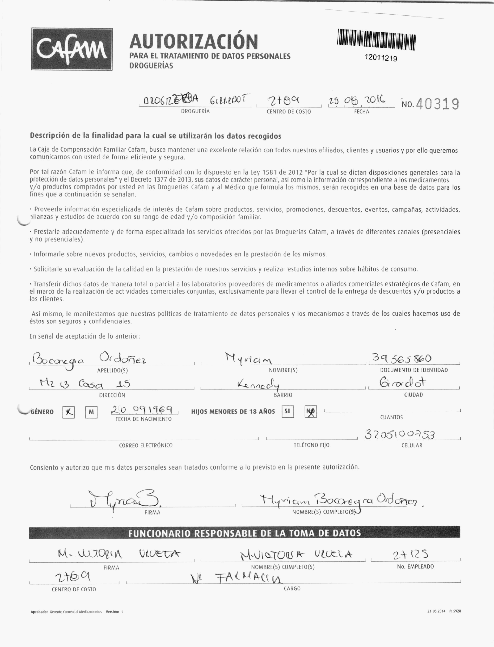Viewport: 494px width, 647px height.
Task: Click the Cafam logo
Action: tap(72, 49)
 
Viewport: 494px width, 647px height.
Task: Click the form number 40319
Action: tap(438, 104)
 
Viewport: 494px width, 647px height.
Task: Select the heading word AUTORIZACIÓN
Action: tap(194, 42)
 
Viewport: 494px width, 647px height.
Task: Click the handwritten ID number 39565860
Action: tap(402, 359)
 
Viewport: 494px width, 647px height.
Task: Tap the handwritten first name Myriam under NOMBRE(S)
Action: tap(249, 359)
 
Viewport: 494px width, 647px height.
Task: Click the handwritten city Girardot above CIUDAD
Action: tap(403, 383)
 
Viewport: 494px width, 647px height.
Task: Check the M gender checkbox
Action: tap(91, 412)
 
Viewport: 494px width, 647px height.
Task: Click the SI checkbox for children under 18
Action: tap(287, 411)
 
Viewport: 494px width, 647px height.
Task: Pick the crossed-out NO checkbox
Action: tap(311, 412)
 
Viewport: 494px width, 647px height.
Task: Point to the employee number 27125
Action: tap(410, 555)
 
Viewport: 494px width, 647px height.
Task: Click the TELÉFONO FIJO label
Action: tap(311, 445)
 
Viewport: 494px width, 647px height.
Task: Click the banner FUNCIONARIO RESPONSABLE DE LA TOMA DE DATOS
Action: tap(244, 533)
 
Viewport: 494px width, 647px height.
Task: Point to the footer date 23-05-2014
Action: tap(436, 611)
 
